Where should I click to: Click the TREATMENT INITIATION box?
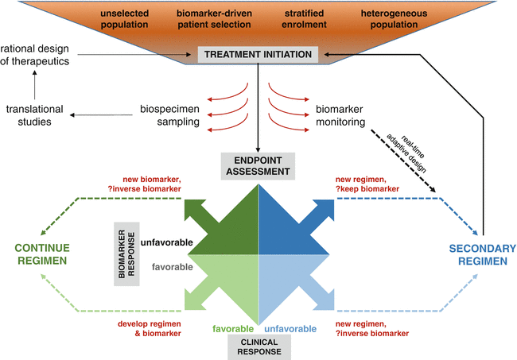pyautogui.click(x=258, y=55)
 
